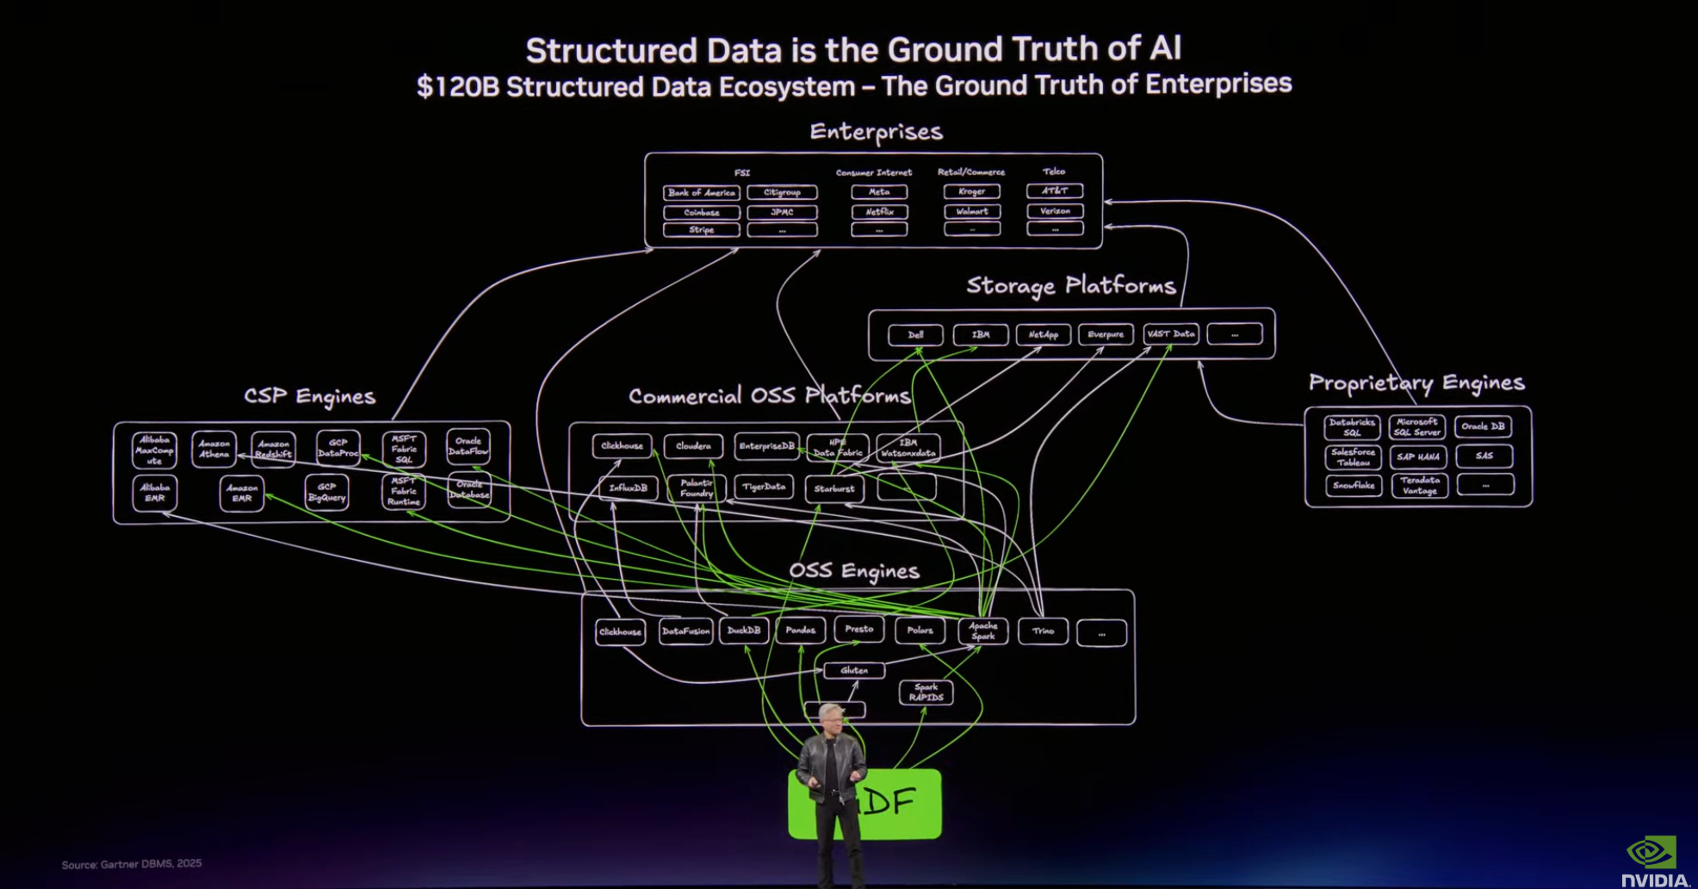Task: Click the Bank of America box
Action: click(701, 192)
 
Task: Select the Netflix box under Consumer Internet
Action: click(879, 211)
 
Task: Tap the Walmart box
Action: click(972, 211)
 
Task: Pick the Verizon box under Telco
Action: click(1055, 211)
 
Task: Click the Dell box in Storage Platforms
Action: click(915, 334)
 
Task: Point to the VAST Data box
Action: click(1171, 333)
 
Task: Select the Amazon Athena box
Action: click(214, 449)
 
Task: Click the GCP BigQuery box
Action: click(326, 493)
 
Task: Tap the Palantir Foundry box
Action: click(696, 488)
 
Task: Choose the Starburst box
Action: click(834, 488)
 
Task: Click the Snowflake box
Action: click(1354, 486)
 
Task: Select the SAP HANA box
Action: click(1418, 457)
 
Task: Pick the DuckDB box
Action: click(744, 631)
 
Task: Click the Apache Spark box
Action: click(982, 631)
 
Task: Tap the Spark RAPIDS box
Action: click(926, 693)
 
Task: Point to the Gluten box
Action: click(853, 670)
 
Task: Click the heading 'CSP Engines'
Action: click(310, 396)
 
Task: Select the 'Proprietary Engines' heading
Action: click(1416, 382)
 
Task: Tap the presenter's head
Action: click(831, 718)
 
